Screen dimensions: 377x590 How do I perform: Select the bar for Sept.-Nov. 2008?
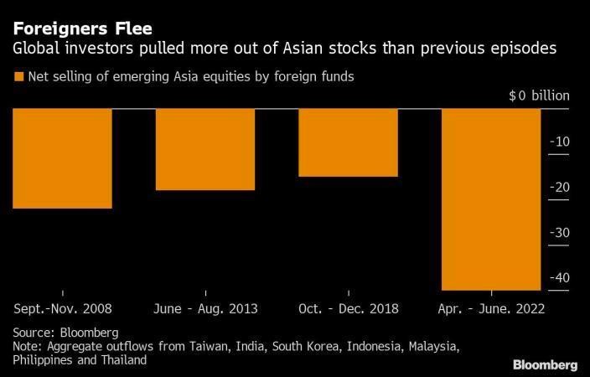tap(63, 158)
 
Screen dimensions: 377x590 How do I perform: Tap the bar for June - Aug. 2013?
tap(205, 149)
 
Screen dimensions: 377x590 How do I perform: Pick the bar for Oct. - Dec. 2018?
tap(348, 142)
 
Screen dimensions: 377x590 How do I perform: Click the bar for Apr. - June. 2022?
tap(491, 199)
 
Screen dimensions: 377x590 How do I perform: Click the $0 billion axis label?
tap(539, 96)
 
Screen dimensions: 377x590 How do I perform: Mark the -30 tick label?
tap(559, 232)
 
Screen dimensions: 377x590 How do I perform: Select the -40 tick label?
tap(559, 277)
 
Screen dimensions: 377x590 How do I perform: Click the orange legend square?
tap(18, 77)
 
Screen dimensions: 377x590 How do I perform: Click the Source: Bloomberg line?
tap(65, 332)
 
